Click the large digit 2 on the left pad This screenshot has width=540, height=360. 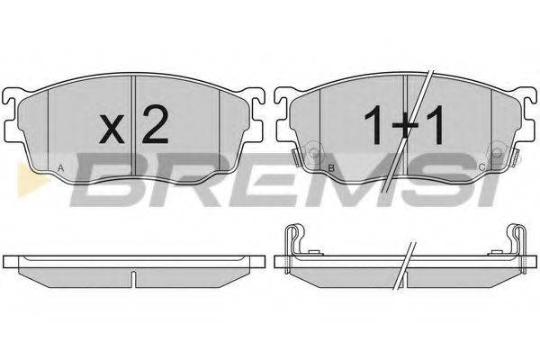point(155,124)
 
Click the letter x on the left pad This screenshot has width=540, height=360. point(112,129)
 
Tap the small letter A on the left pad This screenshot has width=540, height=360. point(60,168)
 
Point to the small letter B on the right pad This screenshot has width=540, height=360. point(331,168)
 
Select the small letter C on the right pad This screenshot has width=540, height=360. point(482,167)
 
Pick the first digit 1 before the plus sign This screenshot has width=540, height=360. point(374,124)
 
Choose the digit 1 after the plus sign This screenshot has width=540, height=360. point(436,124)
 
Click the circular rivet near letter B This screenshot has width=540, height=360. point(314,153)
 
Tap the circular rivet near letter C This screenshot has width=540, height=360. point(497,153)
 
